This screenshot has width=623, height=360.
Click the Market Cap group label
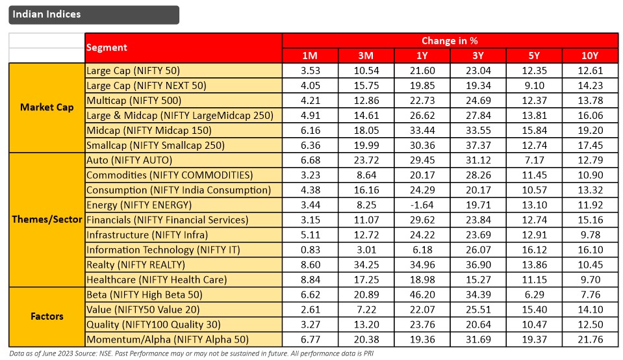[47, 107]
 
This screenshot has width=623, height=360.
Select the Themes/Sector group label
[47, 220]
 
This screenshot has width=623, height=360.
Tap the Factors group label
[47, 316]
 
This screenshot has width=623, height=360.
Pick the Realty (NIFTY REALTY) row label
[136, 264]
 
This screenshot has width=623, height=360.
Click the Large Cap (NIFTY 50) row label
[133, 70]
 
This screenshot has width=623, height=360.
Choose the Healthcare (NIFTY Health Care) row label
[157, 279]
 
